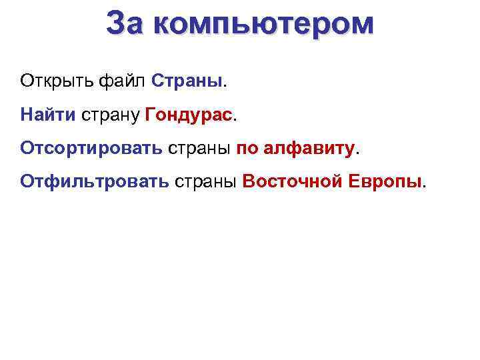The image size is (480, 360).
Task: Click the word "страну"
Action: (110, 115)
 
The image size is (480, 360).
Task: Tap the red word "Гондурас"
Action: (188, 115)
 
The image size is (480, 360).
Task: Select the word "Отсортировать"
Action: (91, 147)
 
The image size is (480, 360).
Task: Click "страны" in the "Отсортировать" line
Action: (199, 148)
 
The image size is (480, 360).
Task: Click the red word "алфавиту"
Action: (309, 147)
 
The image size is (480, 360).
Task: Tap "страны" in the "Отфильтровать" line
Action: (207, 181)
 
